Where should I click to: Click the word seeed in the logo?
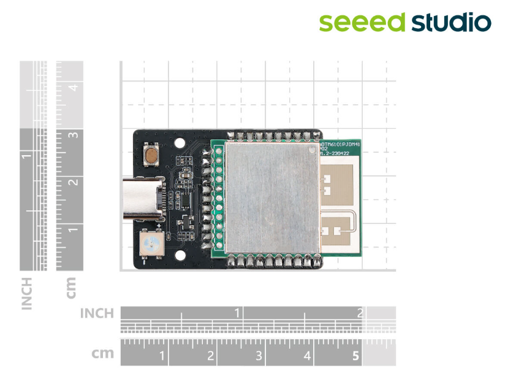click(x=362, y=22)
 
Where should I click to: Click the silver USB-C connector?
click(x=143, y=199)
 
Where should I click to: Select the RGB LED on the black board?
click(x=150, y=245)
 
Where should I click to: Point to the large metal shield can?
click(x=271, y=198)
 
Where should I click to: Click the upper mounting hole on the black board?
click(x=180, y=144)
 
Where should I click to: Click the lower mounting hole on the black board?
click(x=180, y=256)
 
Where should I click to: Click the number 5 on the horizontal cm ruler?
click(x=355, y=356)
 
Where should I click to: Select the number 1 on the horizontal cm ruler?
click(x=162, y=356)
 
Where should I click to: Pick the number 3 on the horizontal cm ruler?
click(x=259, y=356)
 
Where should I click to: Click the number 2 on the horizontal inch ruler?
click(x=360, y=313)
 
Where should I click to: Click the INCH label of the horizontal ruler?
click(x=97, y=313)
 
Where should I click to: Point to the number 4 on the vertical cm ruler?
click(x=73, y=87)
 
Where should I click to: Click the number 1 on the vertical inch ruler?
click(x=26, y=156)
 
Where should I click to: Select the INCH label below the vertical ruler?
click(x=26, y=293)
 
